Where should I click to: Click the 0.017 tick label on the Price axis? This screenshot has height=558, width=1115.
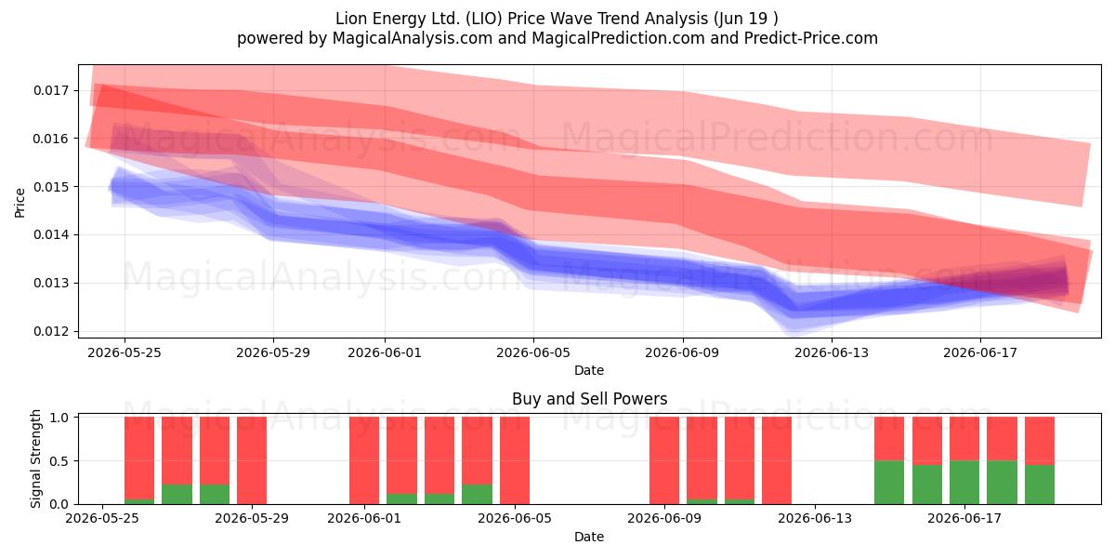[x=50, y=91]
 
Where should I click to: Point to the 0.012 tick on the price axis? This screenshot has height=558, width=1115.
[x=50, y=331]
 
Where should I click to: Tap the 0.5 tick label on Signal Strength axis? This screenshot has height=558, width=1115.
[x=59, y=461]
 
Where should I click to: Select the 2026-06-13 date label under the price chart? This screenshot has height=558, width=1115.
[x=832, y=352]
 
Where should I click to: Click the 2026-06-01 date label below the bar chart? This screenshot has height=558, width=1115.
[x=364, y=518]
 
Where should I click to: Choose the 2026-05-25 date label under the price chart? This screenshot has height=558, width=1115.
[x=125, y=352]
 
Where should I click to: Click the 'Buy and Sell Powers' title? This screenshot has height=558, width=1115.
[x=589, y=399]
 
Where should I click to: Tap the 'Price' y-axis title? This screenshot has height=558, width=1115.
[x=20, y=203]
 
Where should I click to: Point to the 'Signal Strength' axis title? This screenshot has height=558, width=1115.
[x=35, y=458]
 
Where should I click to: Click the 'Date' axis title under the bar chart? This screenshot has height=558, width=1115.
[x=589, y=537]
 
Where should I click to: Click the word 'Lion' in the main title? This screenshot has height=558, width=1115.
[x=350, y=19]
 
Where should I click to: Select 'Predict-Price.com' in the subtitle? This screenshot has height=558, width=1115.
[x=811, y=38]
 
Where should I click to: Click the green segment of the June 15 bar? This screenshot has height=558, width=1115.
[x=889, y=483]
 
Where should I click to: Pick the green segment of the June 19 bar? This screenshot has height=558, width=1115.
[x=1040, y=485]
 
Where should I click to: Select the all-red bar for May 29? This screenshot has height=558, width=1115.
[x=252, y=460]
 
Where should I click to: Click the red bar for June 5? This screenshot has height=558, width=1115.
[x=515, y=460]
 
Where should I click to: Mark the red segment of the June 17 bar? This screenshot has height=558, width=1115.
[x=964, y=439]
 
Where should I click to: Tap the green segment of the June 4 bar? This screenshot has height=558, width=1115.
[x=477, y=494]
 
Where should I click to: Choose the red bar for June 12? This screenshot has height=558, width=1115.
[x=777, y=460]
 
